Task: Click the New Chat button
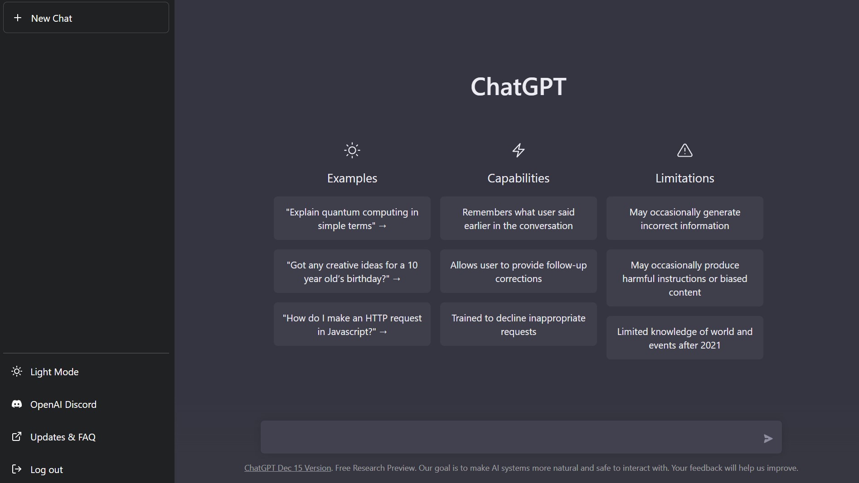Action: (x=86, y=18)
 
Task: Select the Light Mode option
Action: (x=54, y=372)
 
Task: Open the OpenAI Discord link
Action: (x=63, y=404)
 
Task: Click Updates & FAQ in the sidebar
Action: (x=63, y=437)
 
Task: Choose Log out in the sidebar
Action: (x=47, y=469)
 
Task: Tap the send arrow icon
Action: (x=768, y=438)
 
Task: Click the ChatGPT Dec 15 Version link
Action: (x=288, y=468)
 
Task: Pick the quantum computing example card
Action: (x=352, y=218)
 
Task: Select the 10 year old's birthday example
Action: (x=352, y=271)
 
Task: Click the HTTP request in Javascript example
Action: (x=352, y=324)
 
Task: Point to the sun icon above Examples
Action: (x=352, y=150)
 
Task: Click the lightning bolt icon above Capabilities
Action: (x=519, y=150)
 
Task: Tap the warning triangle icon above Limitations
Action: (x=685, y=150)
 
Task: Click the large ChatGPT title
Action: (x=519, y=86)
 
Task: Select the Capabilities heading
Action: (x=519, y=178)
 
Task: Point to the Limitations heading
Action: (x=685, y=178)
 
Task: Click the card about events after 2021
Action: (x=685, y=338)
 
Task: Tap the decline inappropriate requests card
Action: (x=519, y=324)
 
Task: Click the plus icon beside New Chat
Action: (x=18, y=18)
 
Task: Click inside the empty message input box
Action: (x=508, y=437)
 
